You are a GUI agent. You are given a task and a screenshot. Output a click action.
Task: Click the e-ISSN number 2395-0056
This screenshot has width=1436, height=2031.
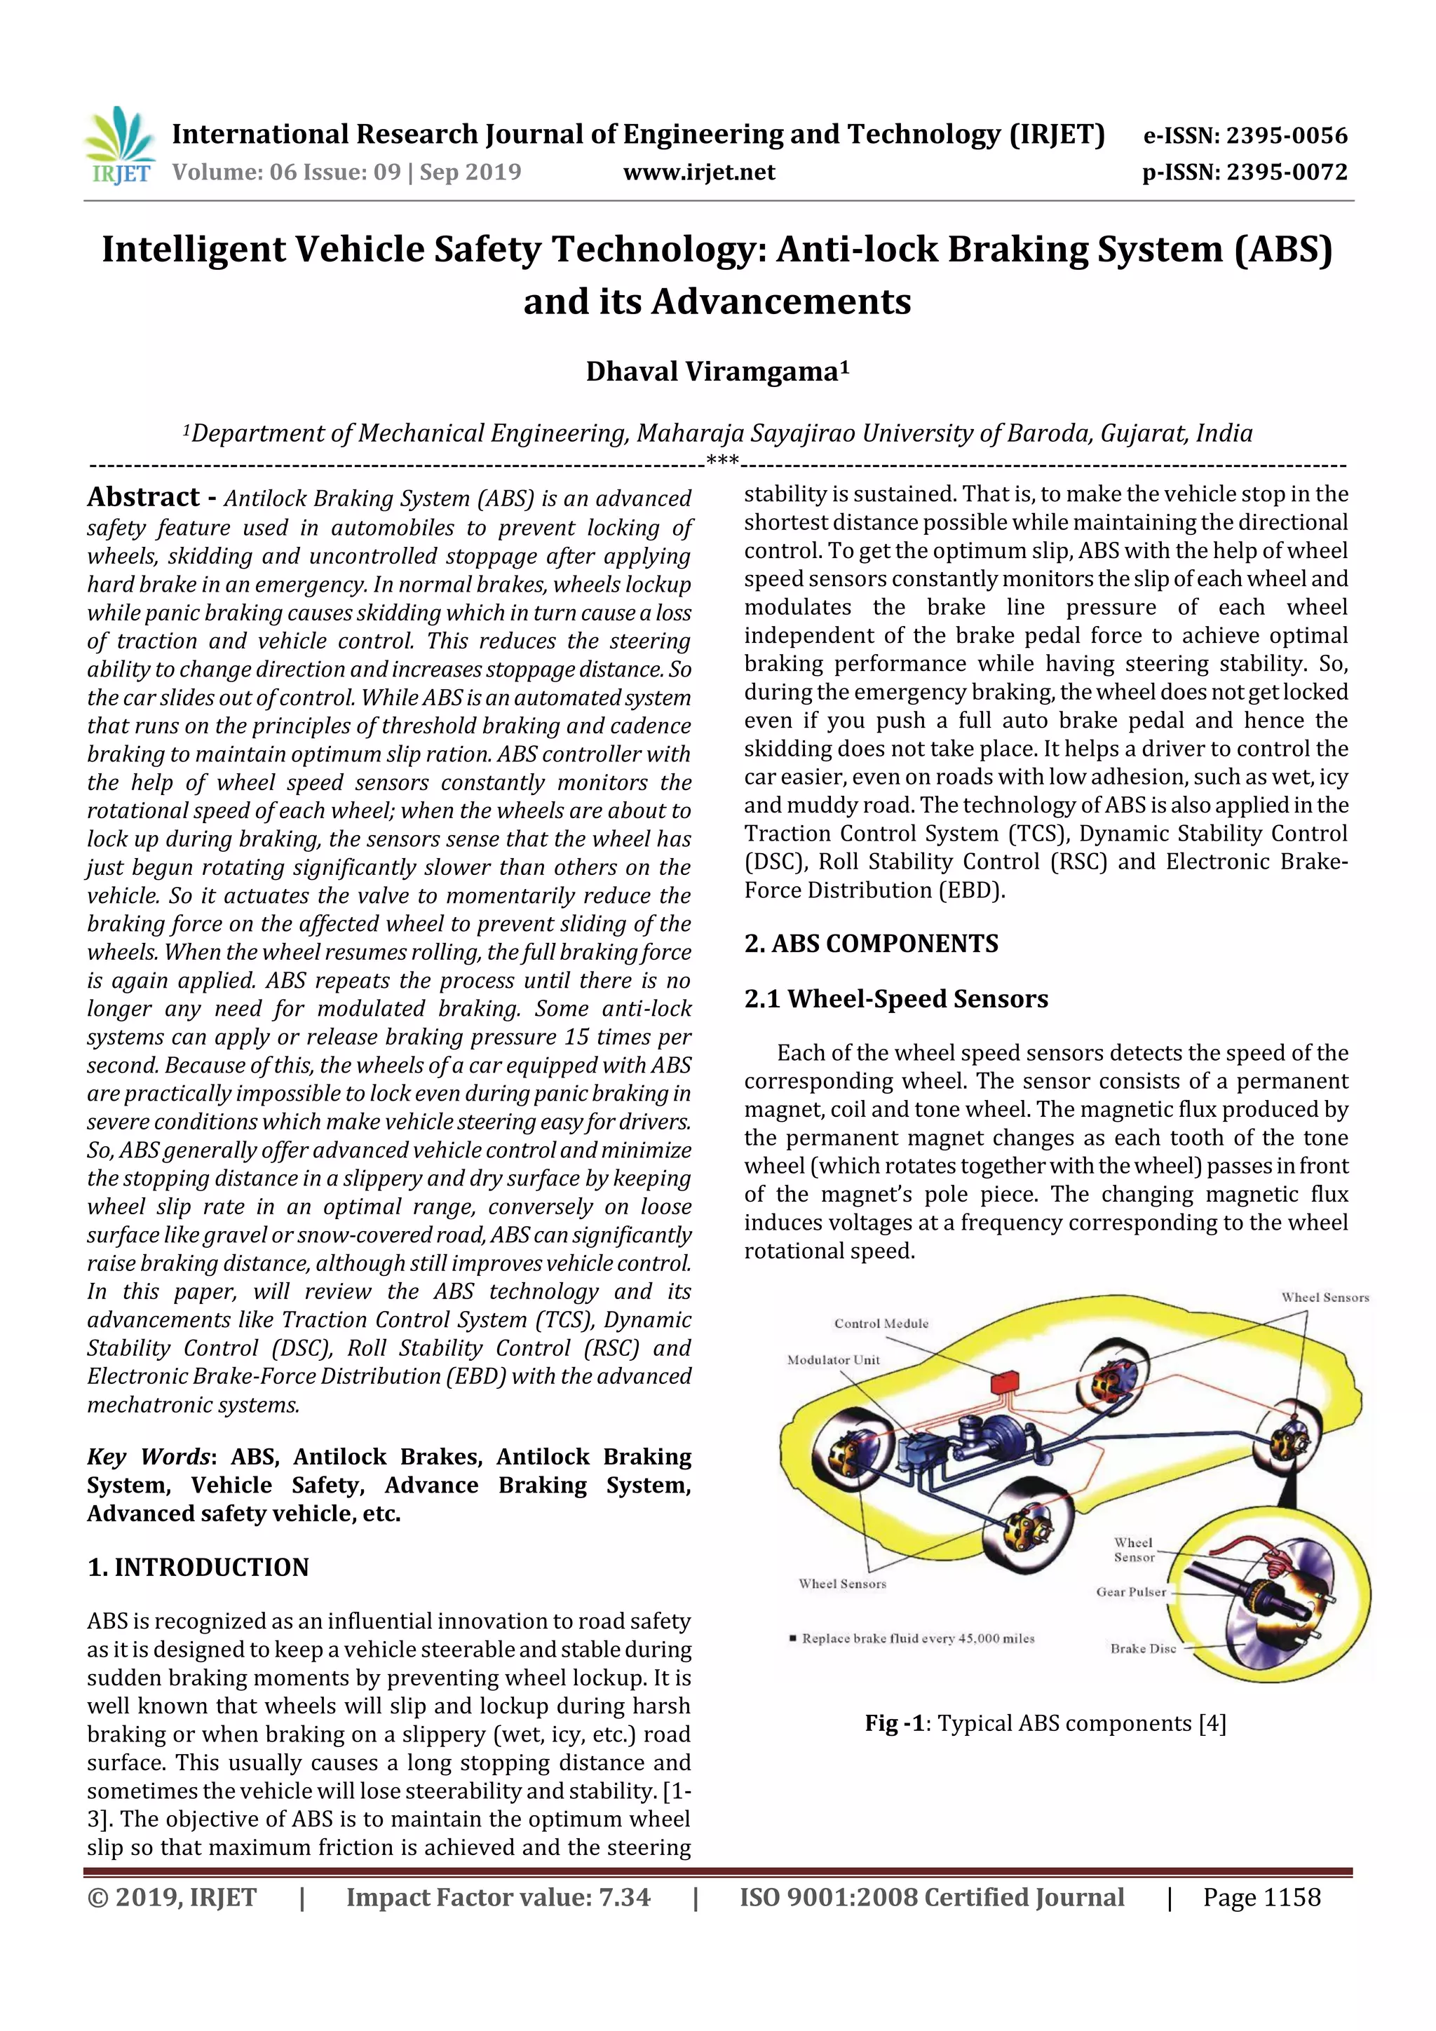(x=1285, y=136)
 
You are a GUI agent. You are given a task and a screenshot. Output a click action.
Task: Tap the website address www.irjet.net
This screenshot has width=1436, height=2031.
(x=699, y=172)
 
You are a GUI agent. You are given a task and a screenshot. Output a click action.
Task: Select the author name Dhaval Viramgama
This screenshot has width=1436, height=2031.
(x=717, y=372)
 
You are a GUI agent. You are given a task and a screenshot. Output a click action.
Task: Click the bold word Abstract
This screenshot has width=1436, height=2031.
(x=143, y=497)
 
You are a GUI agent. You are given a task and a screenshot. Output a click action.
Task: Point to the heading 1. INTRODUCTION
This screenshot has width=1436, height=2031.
(x=198, y=1568)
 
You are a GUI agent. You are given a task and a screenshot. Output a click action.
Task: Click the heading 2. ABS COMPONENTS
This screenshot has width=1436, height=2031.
(x=871, y=944)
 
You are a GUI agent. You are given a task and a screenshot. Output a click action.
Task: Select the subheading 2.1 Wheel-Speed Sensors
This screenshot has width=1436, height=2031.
(x=895, y=999)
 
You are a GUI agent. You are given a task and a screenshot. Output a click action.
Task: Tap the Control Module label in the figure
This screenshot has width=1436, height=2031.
(x=881, y=1324)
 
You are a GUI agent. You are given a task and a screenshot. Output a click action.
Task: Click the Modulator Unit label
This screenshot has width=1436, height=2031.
(x=834, y=1359)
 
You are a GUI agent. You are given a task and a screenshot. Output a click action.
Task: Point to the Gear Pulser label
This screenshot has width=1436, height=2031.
(x=1131, y=1592)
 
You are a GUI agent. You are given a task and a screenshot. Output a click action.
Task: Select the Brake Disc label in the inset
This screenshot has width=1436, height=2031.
(x=1143, y=1649)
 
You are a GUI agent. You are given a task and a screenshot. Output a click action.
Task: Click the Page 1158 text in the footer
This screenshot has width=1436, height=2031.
(x=1261, y=1897)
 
